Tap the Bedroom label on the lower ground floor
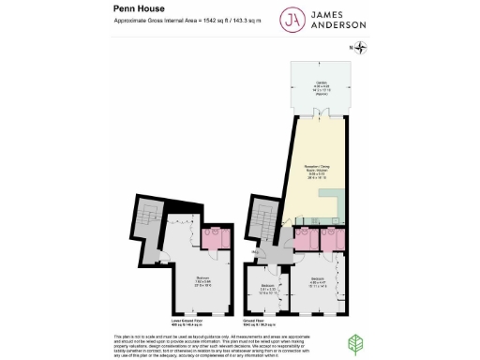[202, 279]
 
